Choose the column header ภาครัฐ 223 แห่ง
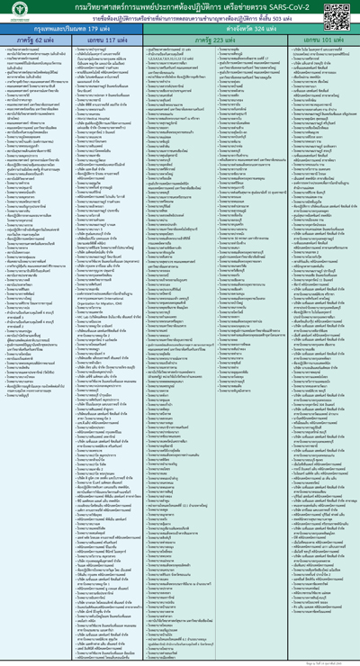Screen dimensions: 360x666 point(217,40)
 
